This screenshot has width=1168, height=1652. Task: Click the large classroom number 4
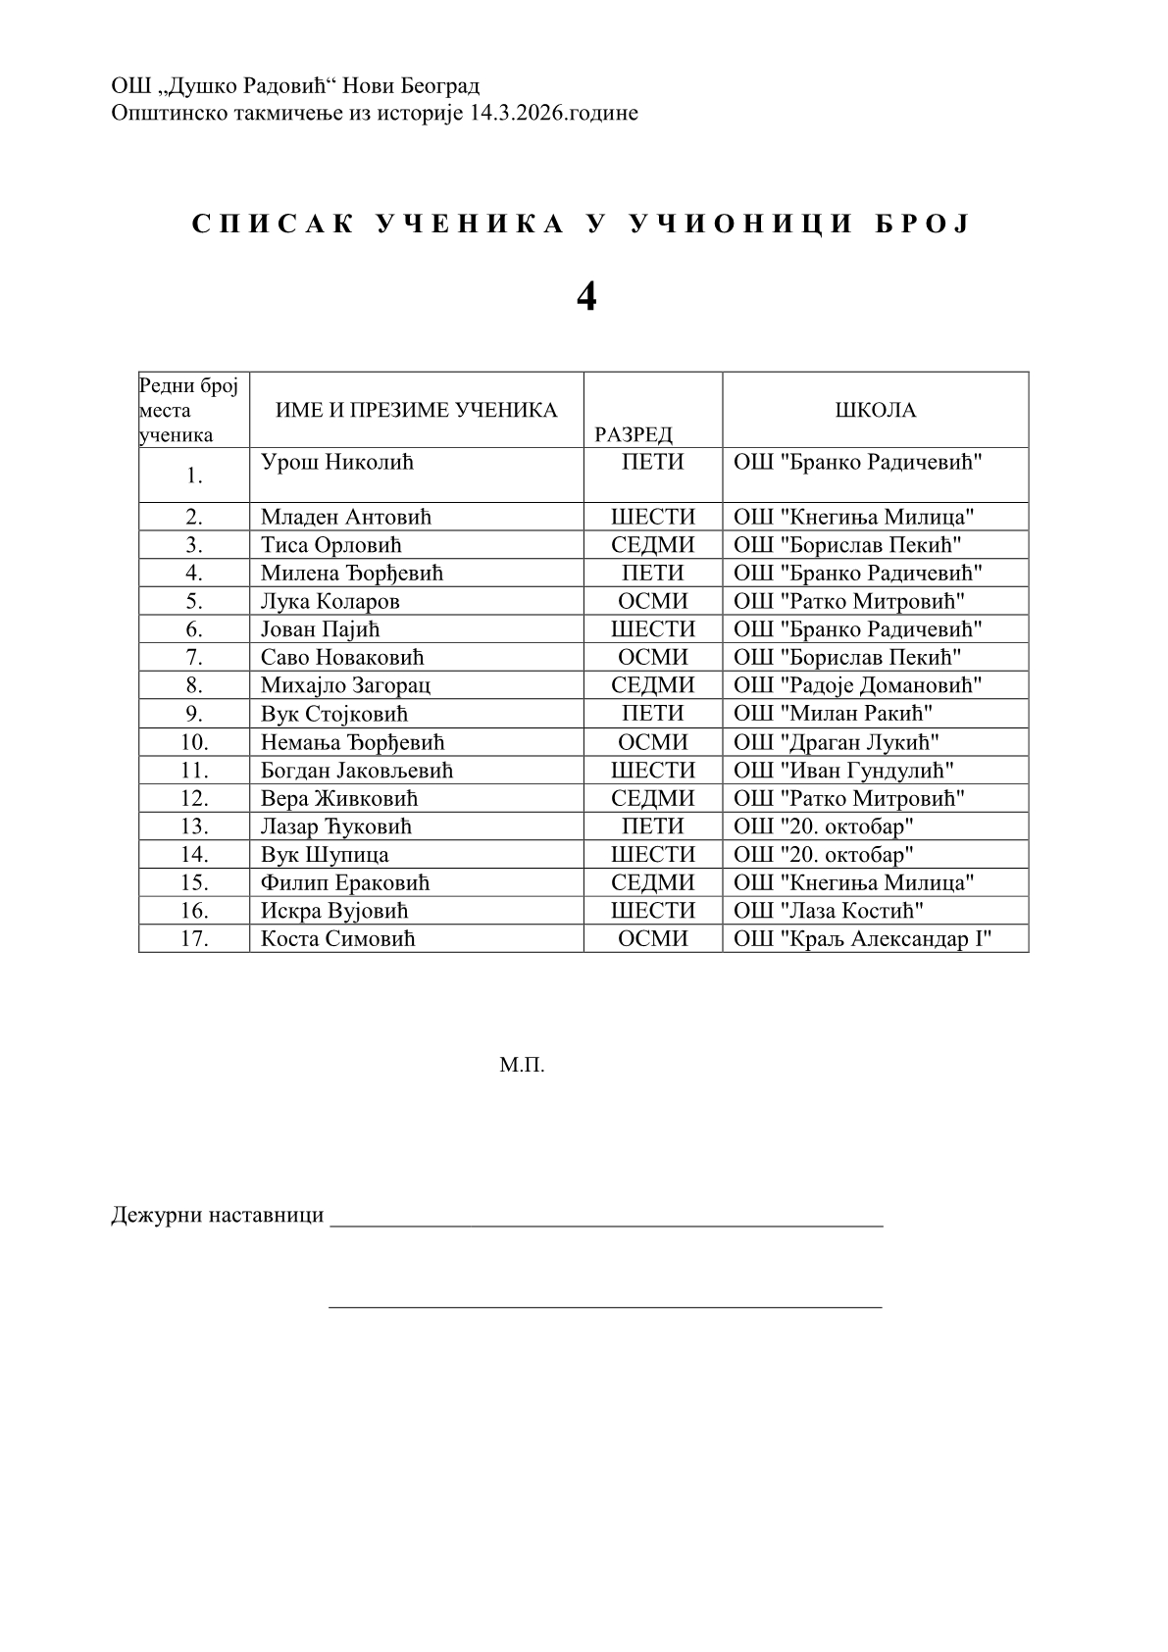(x=585, y=296)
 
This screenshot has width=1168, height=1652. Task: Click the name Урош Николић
(x=337, y=462)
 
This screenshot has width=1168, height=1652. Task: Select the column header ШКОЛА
(x=875, y=410)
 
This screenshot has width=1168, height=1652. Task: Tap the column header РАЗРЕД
(x=634, y=434)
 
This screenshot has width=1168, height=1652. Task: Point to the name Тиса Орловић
(x=330, y=545)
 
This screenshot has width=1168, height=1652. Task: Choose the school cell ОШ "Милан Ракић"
(x=833, y=714)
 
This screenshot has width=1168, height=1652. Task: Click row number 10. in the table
(x=194, y=742)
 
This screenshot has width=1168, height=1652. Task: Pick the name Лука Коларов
(x=330, y=601)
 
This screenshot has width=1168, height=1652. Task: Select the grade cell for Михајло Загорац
(x=652, y=685)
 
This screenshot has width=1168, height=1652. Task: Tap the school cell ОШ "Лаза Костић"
(x=829, y=911)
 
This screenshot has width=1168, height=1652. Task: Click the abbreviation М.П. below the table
(x=522, y=1065)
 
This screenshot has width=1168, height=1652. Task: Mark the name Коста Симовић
(x=337, y=939)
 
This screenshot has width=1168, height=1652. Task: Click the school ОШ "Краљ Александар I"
(x=863, y=939)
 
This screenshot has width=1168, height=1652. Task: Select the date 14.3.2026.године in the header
(x=554, y=113)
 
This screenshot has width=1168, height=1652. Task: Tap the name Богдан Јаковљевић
(x=356, y=771)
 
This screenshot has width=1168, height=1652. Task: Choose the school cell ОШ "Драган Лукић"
(x=837, y=742)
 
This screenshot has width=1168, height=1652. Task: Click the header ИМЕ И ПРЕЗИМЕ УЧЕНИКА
(x=416, y=410)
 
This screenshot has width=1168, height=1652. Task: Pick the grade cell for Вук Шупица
(x=652, y=855)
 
